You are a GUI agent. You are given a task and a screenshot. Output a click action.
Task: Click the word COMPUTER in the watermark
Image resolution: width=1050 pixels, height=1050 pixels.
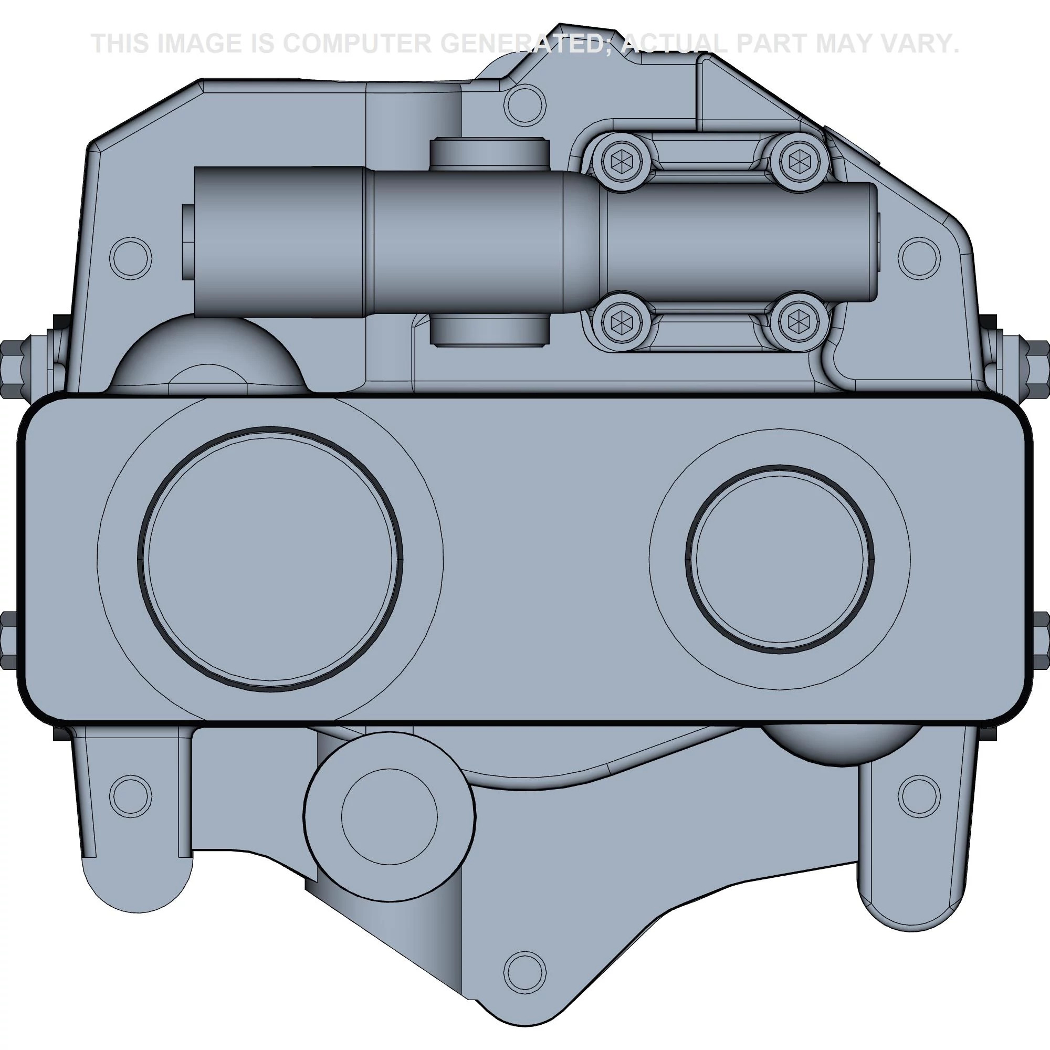click(356, 44)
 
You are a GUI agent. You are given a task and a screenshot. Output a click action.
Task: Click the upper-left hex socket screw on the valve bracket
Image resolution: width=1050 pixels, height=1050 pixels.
click(619, 161)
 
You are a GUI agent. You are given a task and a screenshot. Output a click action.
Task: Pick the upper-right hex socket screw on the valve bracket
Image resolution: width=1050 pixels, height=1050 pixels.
click(799, 161)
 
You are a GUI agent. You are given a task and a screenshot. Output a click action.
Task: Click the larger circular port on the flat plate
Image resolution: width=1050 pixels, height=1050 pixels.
click(270, 560)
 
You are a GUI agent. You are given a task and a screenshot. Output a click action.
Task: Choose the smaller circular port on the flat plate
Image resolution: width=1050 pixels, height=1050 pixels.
click(780, 560)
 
